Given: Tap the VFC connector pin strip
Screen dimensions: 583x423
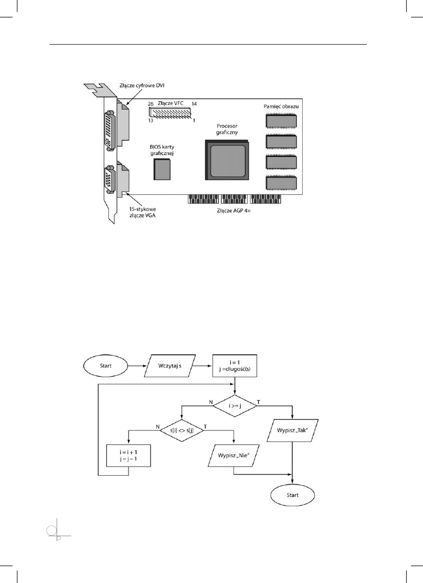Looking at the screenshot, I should click(169, 113).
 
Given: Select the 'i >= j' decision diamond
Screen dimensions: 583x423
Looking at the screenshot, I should click(235, 405).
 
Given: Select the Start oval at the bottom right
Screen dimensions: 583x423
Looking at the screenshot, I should click(292, 496).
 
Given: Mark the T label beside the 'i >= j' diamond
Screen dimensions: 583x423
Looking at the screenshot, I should click(258, 401).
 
